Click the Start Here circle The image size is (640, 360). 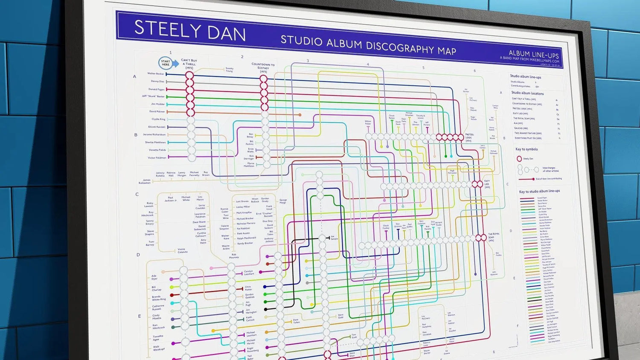tap(166, 63)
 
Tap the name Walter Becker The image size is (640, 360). tap(156, 74)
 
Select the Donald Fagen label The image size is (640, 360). tap(157, 89)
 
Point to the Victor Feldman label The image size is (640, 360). tap(157, 158)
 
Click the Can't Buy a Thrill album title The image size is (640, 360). tap(189, 64)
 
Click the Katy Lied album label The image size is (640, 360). tap(487, 184)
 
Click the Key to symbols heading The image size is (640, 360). tap(527, 149)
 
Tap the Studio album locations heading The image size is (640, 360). tap(527, 93)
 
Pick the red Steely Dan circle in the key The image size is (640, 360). tap(519, 159)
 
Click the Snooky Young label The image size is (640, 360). tap(229, 69)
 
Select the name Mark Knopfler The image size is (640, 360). tap(244, 212)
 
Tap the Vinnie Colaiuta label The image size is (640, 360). tap(182, 250)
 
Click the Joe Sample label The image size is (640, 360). tap(334, 238)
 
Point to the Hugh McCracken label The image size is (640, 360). tap(452, 172)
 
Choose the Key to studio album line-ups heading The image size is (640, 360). tap(539, 191)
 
